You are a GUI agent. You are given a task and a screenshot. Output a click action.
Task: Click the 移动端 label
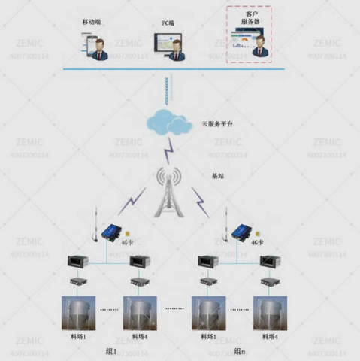pos(92,23)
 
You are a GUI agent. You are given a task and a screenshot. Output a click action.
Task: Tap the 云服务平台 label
pos(219,123)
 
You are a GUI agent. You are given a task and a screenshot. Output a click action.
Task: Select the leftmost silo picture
pos(75,315)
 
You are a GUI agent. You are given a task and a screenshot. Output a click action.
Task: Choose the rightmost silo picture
pos(269,315)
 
